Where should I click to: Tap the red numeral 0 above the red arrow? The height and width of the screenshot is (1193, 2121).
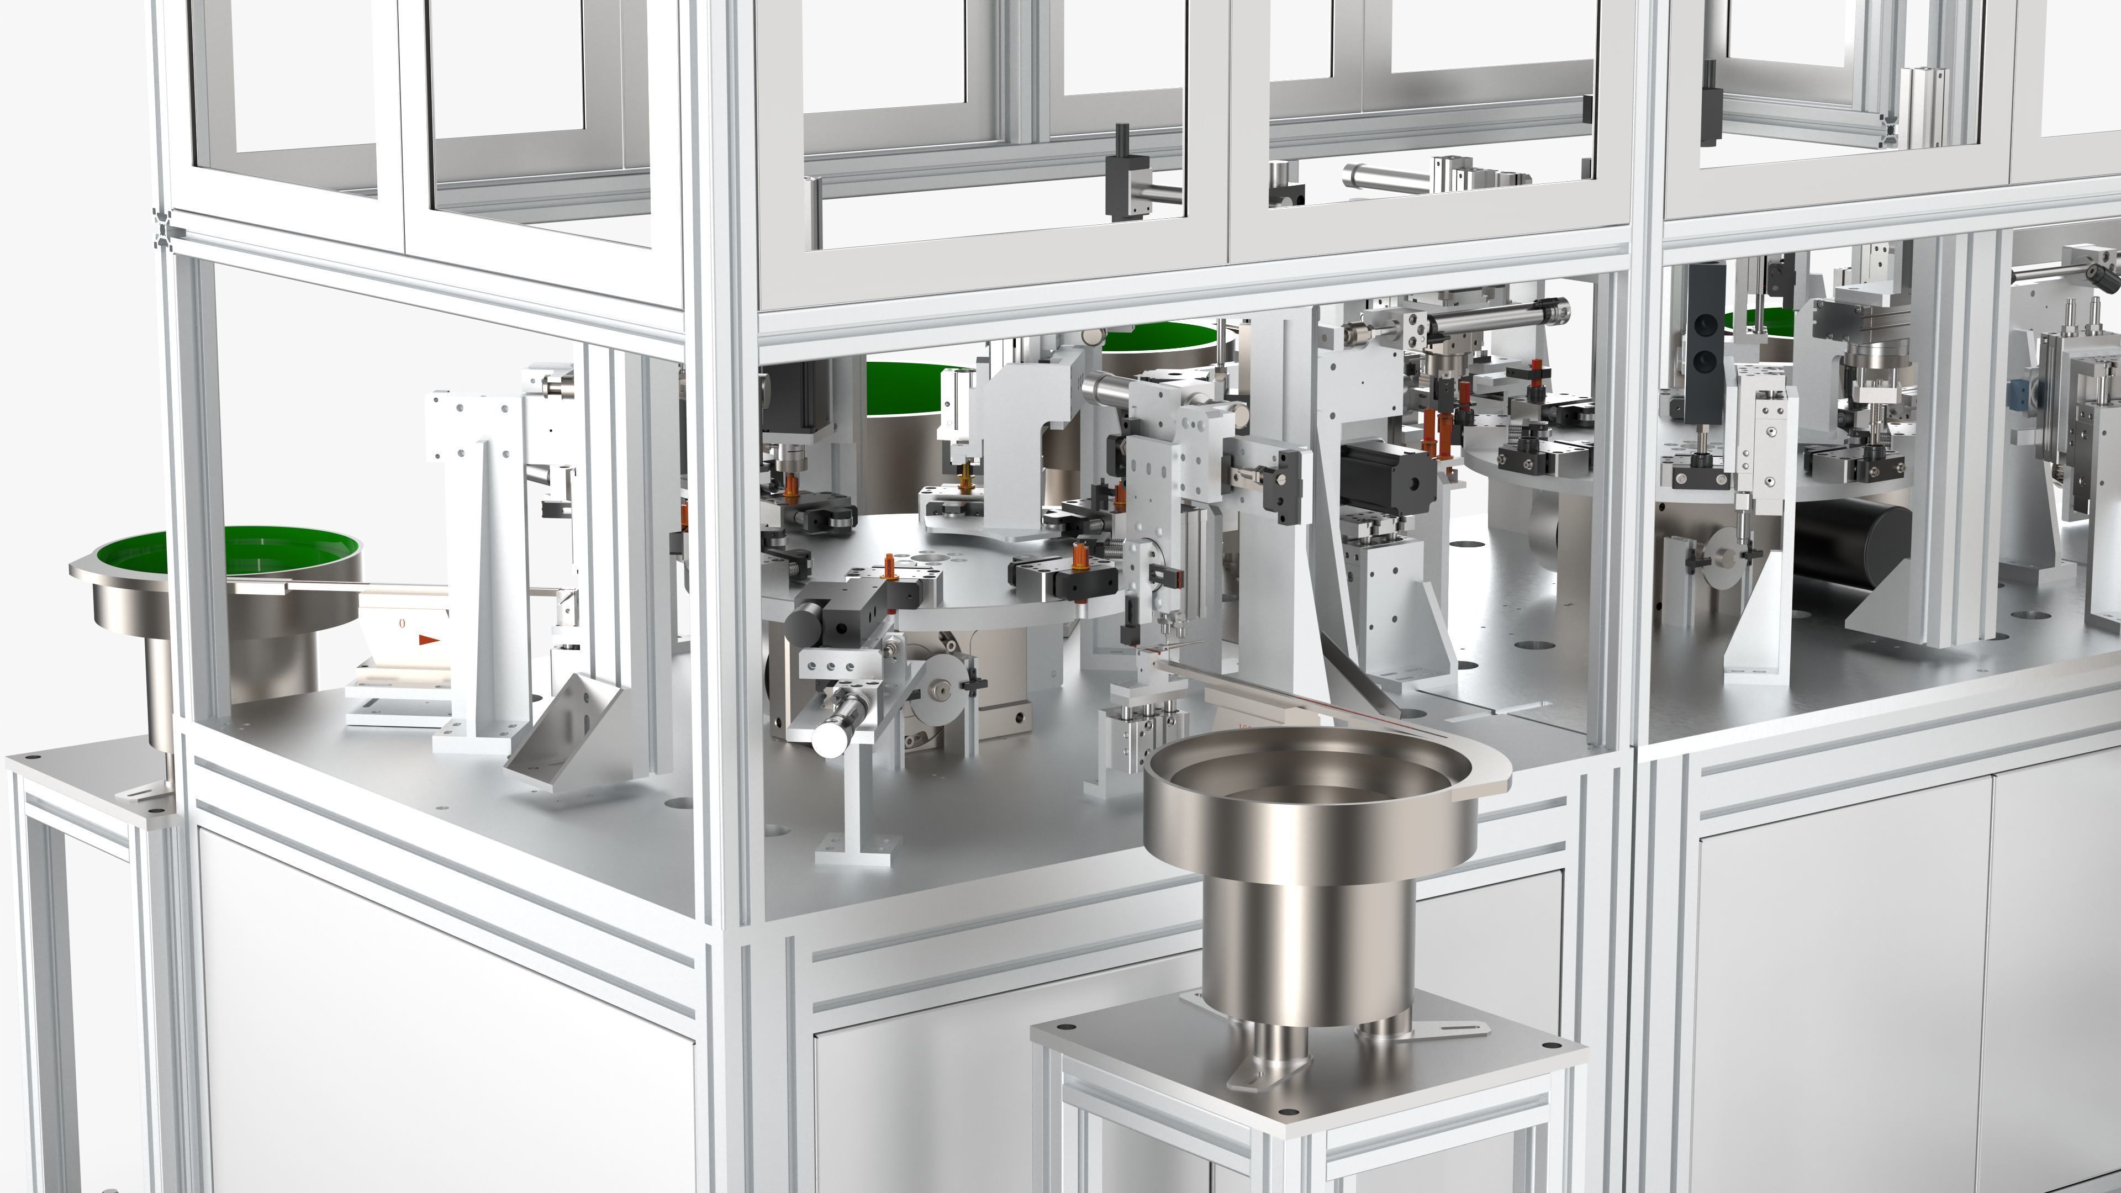pos(402,623)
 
